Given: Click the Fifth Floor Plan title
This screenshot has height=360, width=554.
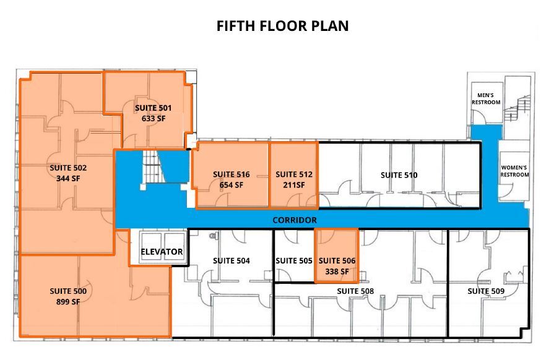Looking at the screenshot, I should (282, 26).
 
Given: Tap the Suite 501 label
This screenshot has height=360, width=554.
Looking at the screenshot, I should (153, 108).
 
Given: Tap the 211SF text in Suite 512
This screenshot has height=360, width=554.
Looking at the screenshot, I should (294, 185).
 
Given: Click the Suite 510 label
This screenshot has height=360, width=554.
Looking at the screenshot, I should (399, 175).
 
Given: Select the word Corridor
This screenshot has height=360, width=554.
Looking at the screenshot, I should (295, 220).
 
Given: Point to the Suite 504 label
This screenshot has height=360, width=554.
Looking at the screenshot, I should (232, 260).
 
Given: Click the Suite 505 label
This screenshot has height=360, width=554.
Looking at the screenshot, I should (293, 260).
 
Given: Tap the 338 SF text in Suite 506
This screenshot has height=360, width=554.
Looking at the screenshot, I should (337, 271).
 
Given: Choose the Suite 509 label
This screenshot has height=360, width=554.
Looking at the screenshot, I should (486, 291).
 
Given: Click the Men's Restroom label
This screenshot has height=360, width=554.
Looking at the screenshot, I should (486, 98).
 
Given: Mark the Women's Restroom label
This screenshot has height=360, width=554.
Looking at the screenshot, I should (514, 171).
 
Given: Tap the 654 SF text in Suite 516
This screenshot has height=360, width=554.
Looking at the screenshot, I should (232, 185).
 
